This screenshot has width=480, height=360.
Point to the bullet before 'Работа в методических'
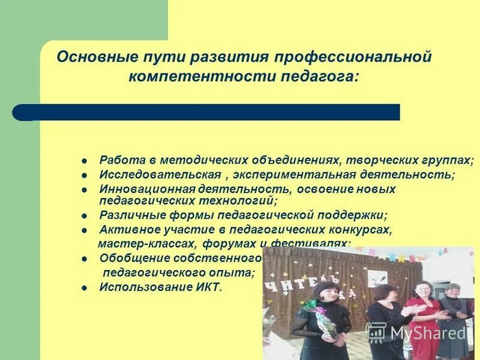coord(85,161)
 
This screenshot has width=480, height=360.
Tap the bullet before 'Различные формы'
coord(85,215)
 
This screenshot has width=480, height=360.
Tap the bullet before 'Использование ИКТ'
coord(85,287)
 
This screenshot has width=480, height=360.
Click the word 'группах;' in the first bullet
coord(450,161)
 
